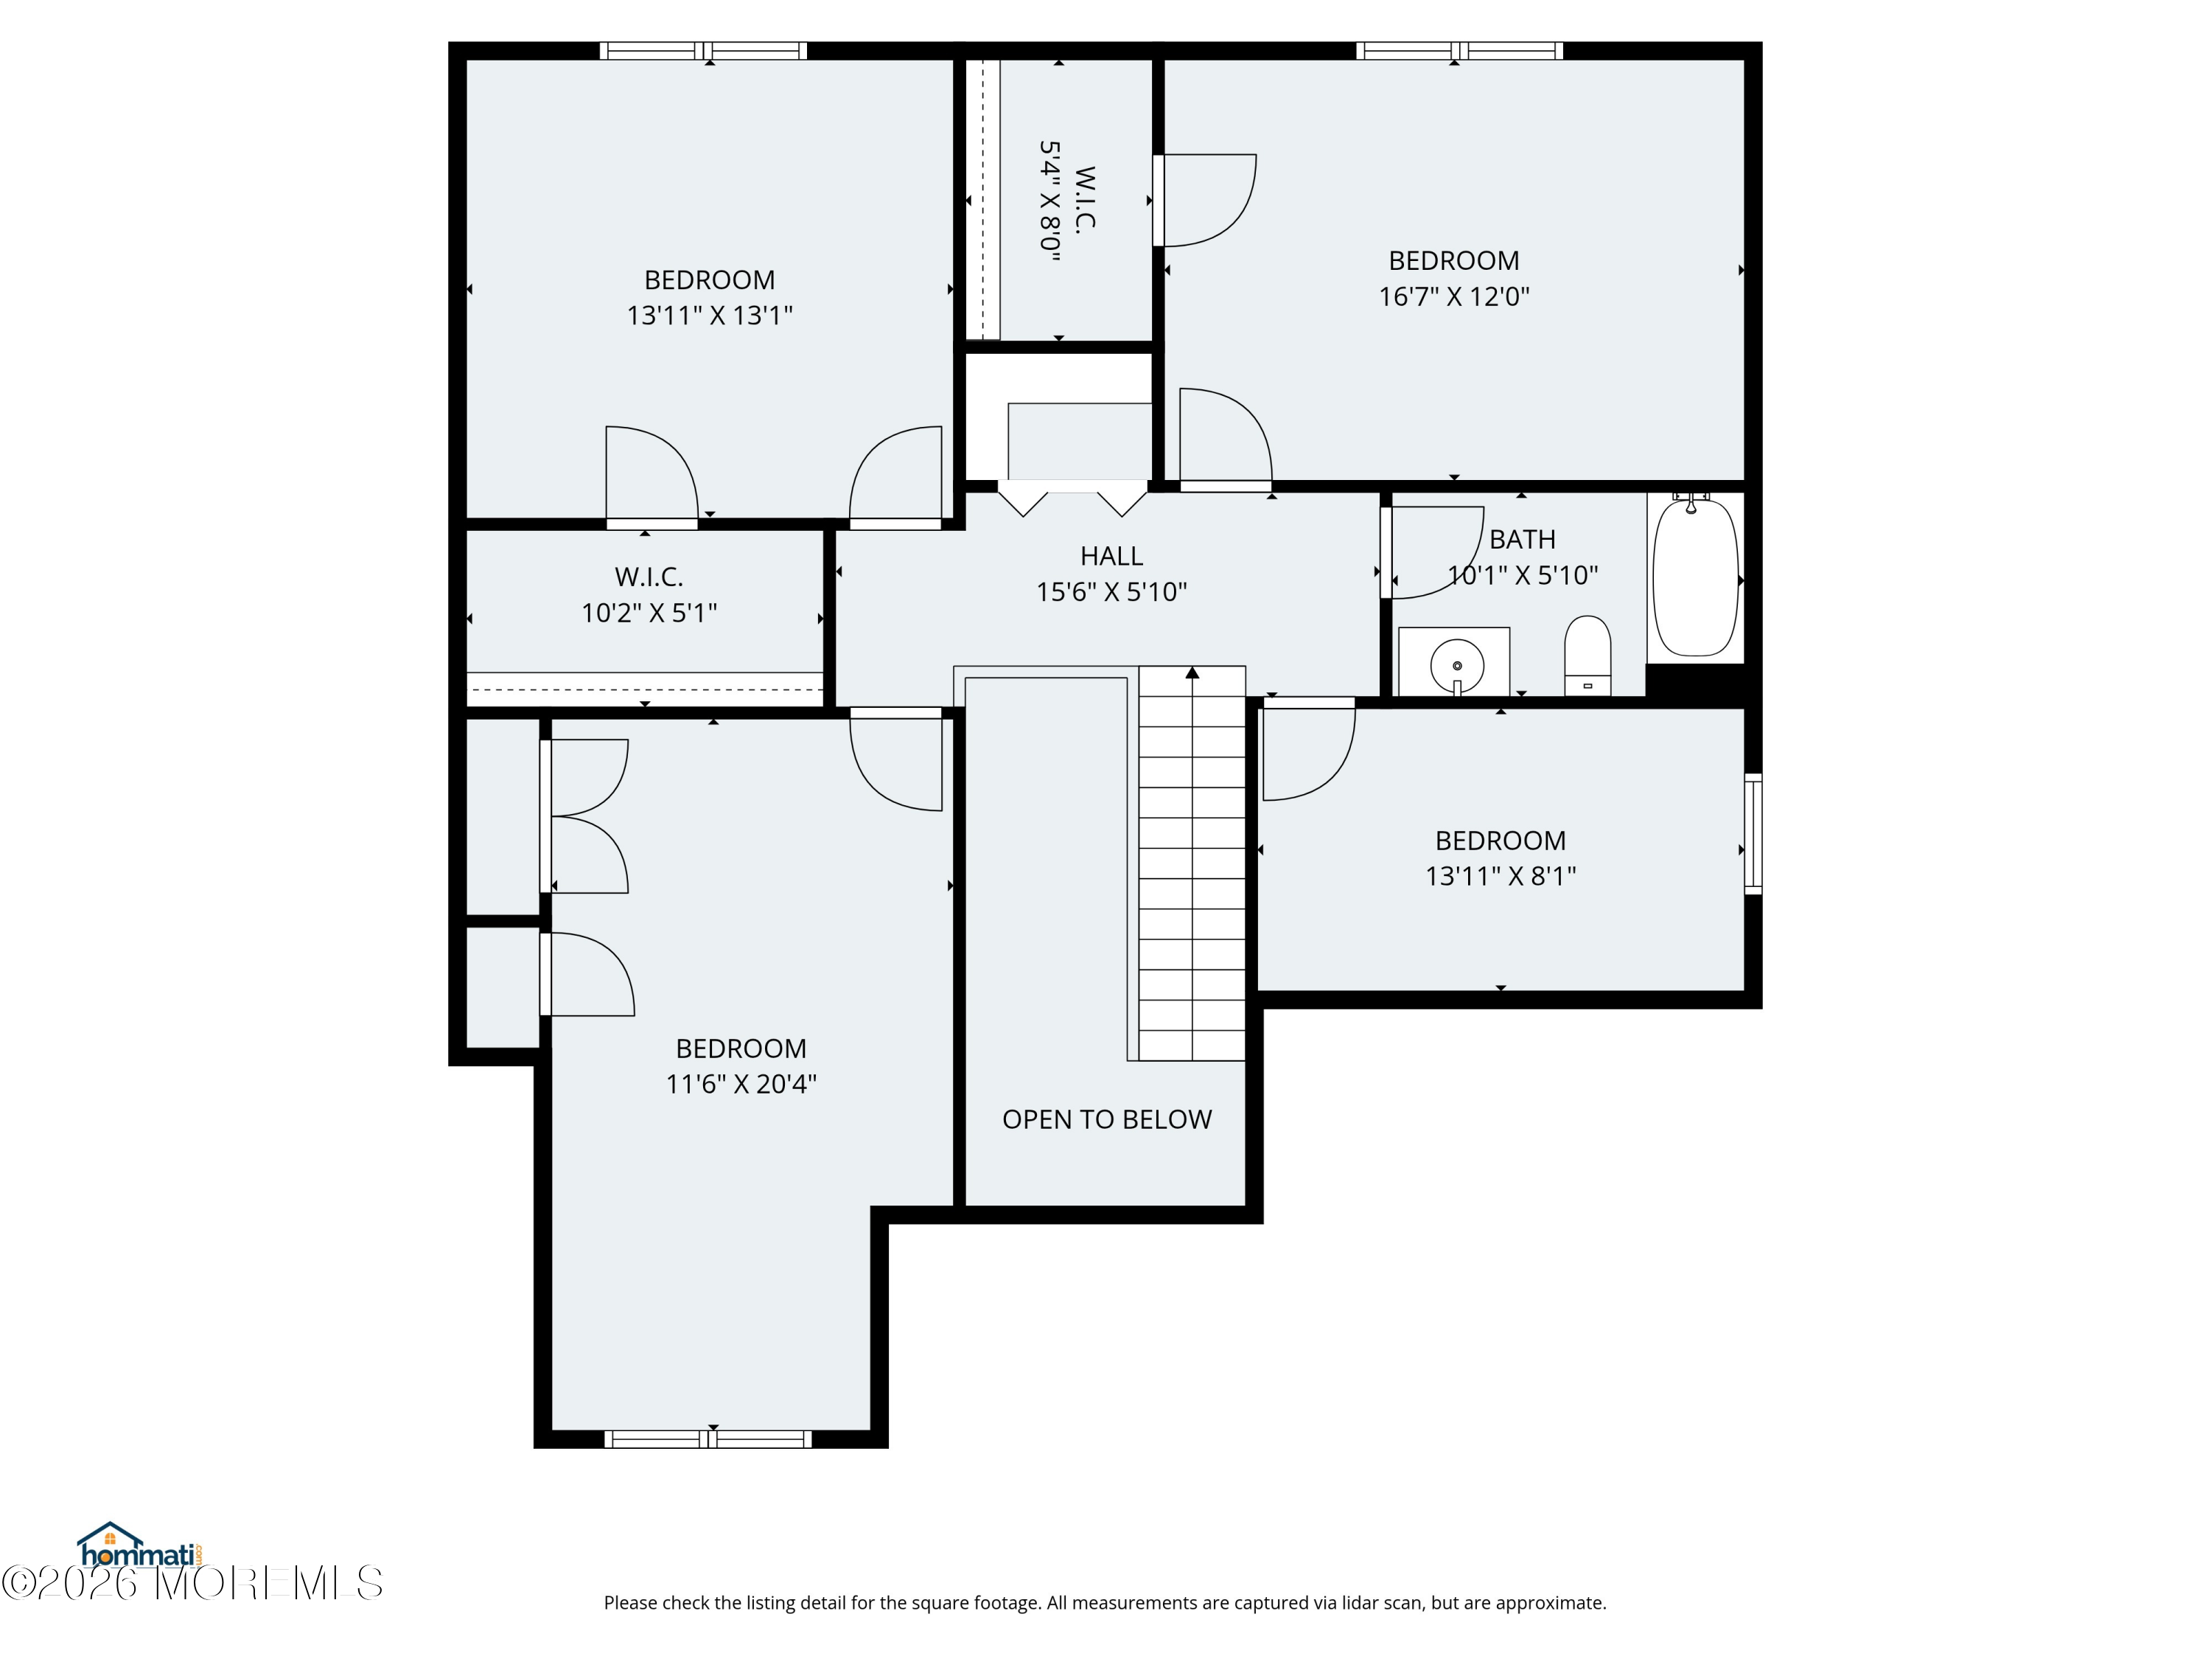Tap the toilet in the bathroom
(x=1587, y=655)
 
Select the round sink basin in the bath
(x=1456, y=664)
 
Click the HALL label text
(x=1111, y=556)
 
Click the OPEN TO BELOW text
(x=1108, y=1119)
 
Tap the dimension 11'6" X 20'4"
(x=741, y=1084)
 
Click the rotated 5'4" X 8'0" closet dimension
(x=1049, y=201)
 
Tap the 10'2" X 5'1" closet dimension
(x=650, y=613)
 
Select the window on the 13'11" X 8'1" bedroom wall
(x=1753, y=834)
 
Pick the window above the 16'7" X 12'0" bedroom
(x=1459, y=51)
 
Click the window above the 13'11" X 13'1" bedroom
(x=704, y=51)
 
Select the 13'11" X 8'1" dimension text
(x=1501, y=877)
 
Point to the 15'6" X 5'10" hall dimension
(x=1111, y=592)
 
